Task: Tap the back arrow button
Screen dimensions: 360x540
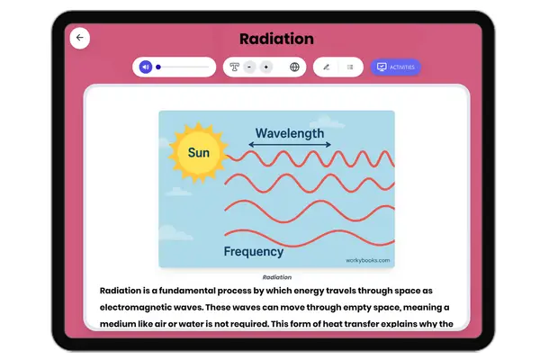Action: click(x=80, y=39)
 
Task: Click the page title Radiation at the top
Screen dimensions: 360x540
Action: click(x=276, y=39)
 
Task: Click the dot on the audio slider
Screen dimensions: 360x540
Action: click(x=158, y=67)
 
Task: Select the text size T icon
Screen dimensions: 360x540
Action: click(x=235, y=67)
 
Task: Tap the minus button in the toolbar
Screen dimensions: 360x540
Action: click(x=249, y=67)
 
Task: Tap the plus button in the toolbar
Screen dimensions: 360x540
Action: click(x=265, y=67)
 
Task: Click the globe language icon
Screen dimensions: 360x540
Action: click(x=294, y=67)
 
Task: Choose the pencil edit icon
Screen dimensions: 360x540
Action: click(x=326, y=67)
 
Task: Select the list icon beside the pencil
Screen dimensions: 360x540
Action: click(x=349, y=67)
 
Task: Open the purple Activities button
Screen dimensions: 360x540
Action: click(x=395, y=67)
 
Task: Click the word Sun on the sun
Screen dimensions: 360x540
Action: click(x=199, y=153)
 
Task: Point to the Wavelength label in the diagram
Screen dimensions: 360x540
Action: click(x=290, y=133)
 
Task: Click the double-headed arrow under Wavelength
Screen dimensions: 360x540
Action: click(x=290, y=145)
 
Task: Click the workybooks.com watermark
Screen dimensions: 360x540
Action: click(x=368, y=260)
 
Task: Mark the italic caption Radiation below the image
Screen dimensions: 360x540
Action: click(x=276, y=277)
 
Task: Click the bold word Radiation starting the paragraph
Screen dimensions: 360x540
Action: click(x=125, y=291)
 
